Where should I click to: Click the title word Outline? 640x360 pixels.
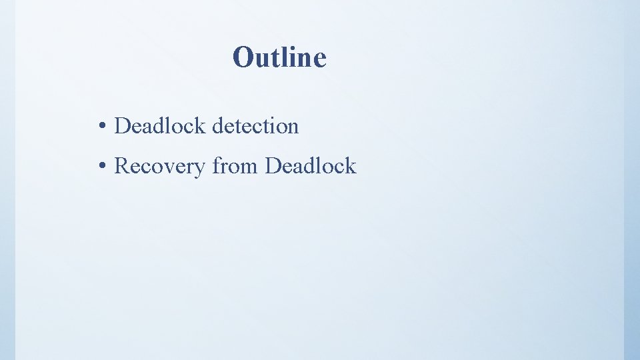click(x=279, y=57)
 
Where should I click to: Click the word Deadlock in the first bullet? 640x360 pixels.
click(x=161, y=125)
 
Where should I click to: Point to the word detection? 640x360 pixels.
click(x=255, y=125)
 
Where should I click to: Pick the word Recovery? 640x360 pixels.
click(x=160, y=166)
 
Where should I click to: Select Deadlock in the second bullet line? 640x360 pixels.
click(x=311, y=166)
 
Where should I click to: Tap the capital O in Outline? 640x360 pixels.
click(x=243, y=58)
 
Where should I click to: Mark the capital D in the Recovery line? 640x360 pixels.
click(x=272, y=166)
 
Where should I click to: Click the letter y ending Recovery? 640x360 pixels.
click(x=201, y=168)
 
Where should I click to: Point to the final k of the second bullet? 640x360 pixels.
click(x=351, y=166)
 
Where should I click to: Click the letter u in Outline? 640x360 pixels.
click(x=261, y=60)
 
